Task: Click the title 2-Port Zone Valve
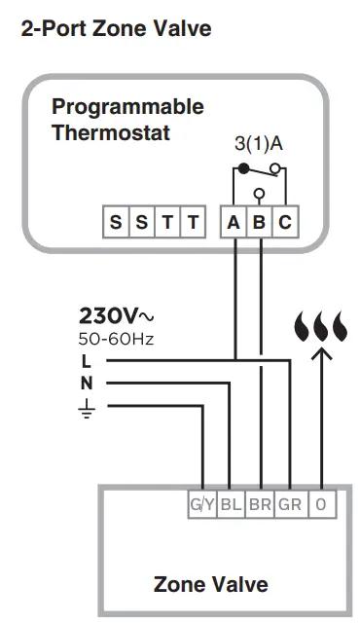click(x=115, y=29)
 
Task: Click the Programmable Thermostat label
click(x=127, y=119)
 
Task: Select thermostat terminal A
click(x=234, y=223)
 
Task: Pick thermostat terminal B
click(x=259, y=223)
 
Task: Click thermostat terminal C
click(x=284, y=223)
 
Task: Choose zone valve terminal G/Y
click(x=201, y=505)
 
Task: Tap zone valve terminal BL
click(x=231, y=505)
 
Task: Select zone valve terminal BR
click(x=261, y=505)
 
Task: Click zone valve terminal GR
click(x=290, y=505)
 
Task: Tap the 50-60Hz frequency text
click(x=116, y=340)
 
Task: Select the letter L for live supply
click(x=86, y=361)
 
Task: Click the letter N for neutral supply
click(x=87, y=383)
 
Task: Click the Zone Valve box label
click(x=210, y=584)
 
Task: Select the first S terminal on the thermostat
click(x=117, y=223)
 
